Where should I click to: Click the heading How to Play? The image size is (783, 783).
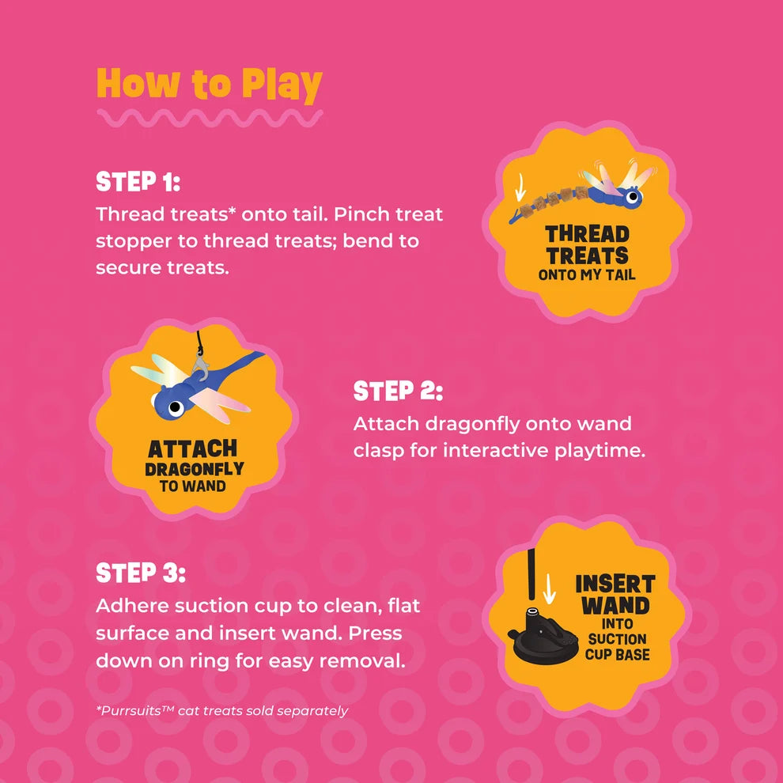coord(210,84)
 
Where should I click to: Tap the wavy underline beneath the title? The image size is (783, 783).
coord(210,119)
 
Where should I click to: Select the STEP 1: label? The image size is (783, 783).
coord(138,181)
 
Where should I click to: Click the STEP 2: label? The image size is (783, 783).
coord(398,391)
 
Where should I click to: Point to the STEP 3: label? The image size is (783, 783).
coord(140,573)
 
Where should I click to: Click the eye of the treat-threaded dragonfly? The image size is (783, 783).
coord(634,196)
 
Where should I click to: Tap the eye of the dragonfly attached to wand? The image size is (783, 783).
coord(176,408)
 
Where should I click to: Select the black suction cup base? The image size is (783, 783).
coord(537,636)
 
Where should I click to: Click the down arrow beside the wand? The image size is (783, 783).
coord(549,588)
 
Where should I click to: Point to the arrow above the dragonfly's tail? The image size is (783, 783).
coord(520,187)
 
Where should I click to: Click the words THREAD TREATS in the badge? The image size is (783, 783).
coord(587,244)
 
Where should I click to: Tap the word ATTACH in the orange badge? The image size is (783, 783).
coord(193,449)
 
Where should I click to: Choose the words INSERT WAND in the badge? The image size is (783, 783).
coord(615,595)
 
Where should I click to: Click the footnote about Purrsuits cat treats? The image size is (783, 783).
coord(221,710)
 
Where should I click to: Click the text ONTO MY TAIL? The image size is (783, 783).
coord(587,274)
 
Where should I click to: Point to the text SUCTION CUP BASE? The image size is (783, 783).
coord(618,647)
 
